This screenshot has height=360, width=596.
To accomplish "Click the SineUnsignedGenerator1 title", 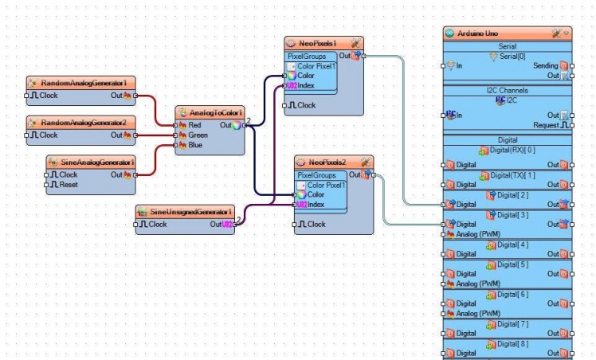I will pos(186,212).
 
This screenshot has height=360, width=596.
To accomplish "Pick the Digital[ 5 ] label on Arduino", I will pos(508,264).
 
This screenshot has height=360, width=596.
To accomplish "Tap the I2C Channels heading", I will pos(508,91).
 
